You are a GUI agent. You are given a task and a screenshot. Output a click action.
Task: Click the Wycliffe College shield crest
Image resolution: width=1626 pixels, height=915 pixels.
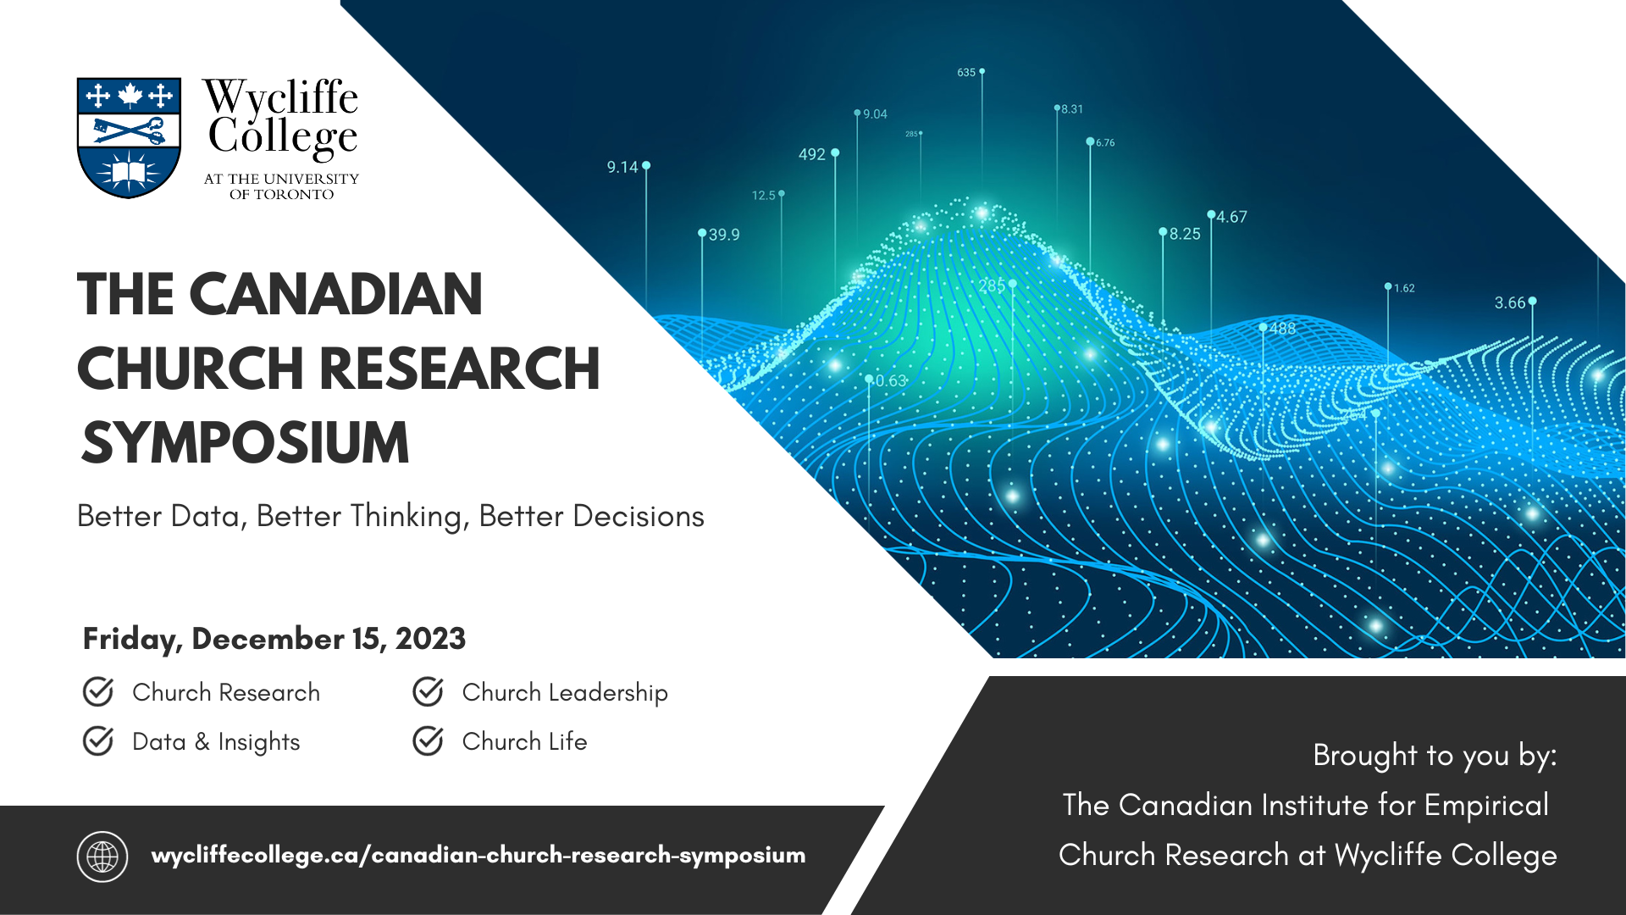(x=129, y=138)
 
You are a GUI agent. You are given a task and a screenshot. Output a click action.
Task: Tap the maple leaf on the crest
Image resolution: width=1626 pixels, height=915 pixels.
(x=130, y=96)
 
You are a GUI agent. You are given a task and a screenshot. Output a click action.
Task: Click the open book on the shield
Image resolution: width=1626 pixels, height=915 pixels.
(x=129, y=173)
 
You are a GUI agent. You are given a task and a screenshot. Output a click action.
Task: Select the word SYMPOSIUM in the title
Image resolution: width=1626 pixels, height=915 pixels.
(x=246, y=442)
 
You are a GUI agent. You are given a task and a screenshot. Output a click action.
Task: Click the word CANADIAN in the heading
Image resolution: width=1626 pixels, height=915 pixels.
(x=336, y=294)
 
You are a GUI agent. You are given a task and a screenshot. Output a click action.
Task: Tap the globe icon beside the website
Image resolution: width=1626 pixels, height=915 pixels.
(x=102, y=857)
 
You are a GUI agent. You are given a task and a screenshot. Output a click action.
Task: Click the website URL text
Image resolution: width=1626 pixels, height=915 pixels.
(x=478, y=856)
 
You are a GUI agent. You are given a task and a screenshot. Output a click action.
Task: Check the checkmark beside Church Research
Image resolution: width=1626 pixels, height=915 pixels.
(x=98, y=691)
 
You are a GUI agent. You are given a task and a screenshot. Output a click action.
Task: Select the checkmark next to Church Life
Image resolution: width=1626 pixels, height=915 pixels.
(x=429, y=740)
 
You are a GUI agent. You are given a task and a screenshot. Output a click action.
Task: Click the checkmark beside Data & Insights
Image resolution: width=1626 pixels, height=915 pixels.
(x=98, y=740)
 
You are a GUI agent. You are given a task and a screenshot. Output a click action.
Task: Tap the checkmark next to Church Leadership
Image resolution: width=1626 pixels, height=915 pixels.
(x=429, y=691)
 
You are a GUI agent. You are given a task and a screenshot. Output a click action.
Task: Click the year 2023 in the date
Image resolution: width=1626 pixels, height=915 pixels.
(x=430, y=638)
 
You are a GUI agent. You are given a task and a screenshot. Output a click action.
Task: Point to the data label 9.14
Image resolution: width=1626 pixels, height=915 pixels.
(x=622, y=167)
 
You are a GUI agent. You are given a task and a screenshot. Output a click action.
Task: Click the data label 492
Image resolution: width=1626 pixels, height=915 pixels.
(x=812, y=154)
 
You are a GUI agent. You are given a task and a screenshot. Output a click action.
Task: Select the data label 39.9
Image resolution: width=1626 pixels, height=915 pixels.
(x=724, y=235)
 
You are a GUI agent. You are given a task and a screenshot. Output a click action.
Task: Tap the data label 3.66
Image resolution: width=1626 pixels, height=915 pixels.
(x=1510, y=302)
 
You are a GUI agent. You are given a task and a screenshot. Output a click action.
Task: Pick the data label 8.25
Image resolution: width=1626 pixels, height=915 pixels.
(x=1186, y=234)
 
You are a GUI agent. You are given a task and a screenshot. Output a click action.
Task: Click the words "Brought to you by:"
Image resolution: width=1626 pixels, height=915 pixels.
(x=1435, y=756)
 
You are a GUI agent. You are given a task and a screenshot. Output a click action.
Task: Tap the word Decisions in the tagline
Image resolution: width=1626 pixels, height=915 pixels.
(x=639, y=516)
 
